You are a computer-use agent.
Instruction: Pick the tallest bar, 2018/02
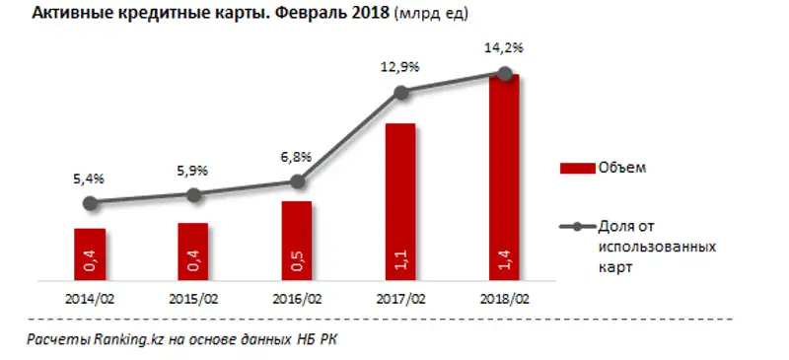point(504,178)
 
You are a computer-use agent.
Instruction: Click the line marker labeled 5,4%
point(90,203)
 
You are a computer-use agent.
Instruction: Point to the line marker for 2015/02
point(193,195)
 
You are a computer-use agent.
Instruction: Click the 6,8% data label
point(296,157)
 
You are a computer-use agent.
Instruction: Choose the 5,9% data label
point(193,170)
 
